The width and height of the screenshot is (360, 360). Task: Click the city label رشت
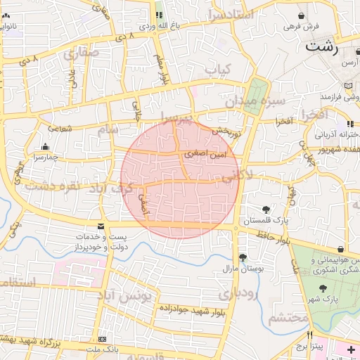pos(321,48)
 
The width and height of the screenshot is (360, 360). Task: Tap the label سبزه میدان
pos(255,101)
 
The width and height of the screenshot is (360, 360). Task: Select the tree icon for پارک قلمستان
pos(266,210)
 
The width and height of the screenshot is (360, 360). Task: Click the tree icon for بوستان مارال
pos(243,258)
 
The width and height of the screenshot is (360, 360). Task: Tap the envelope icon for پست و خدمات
pos(101,226)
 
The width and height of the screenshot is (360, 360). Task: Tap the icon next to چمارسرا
pos(46,146)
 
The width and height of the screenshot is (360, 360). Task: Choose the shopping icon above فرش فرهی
pos(302,15)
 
